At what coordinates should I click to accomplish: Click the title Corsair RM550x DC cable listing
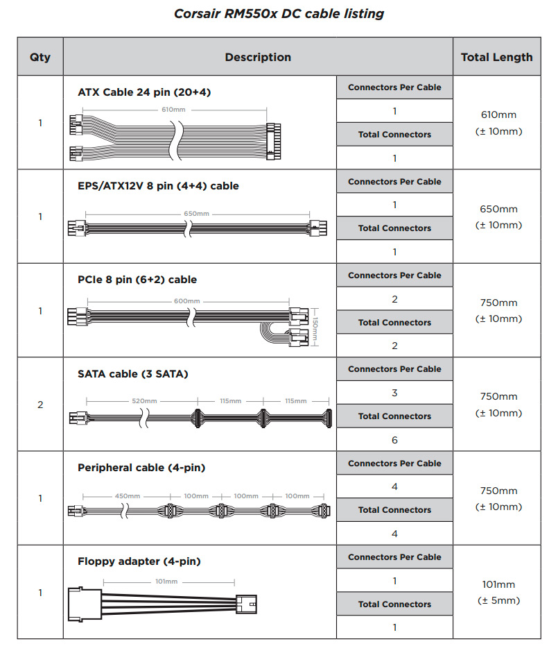click(x=278, y=13)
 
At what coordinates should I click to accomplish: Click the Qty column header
click(x=40, y=57)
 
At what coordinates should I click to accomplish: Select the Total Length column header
click(x=496, y=57)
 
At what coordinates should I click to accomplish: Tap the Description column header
click(x=258, y=57)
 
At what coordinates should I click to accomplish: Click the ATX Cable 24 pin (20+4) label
click(x=144, y=92)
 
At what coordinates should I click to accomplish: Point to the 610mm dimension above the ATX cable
click(x=173, y=110)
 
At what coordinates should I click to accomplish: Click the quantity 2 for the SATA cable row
click(x=40, y=405)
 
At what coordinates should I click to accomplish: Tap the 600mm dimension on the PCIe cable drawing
click(x=187, y=301)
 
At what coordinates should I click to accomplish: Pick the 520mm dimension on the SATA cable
click(x=143, y=401)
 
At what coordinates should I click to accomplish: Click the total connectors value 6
click(x=394, y=440)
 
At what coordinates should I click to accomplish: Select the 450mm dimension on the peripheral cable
click(x=128, y=496)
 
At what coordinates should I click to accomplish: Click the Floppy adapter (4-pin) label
click(x=139, y=561)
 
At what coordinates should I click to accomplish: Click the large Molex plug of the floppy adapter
click(x=85, y=602)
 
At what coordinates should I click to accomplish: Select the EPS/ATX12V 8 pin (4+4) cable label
click(x=158, y=186)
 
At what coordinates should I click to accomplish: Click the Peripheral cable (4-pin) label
click(x=141, y=468)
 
